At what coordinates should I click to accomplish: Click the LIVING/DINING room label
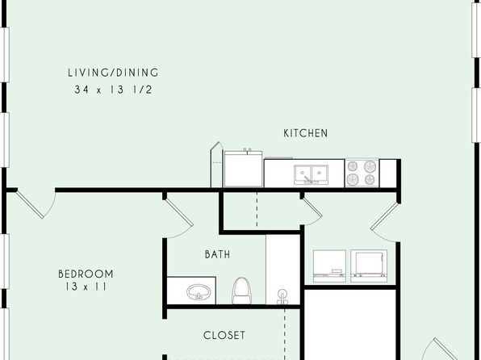(113, 73)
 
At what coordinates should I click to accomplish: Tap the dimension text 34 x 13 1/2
(113, 90)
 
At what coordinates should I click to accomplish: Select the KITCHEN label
(306, 133)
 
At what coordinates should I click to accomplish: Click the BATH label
(217, 254)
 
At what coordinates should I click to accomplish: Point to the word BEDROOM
(86, 274)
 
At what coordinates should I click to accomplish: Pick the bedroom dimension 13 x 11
(86, 287)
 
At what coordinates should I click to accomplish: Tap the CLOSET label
(224, 335)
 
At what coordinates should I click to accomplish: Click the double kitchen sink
(311, 174)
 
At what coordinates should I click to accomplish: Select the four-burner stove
(362, 173)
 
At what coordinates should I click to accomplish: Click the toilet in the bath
(241, 291)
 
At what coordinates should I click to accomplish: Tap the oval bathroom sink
(199, 292)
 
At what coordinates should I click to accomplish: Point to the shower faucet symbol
(282, 296)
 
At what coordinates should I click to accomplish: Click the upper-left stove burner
(353, 166)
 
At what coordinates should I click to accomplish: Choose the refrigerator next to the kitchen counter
(243, 169)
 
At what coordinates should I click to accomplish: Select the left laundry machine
(329, 266)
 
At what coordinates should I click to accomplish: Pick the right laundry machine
(369, 266)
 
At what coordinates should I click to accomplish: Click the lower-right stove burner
(370, 179)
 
